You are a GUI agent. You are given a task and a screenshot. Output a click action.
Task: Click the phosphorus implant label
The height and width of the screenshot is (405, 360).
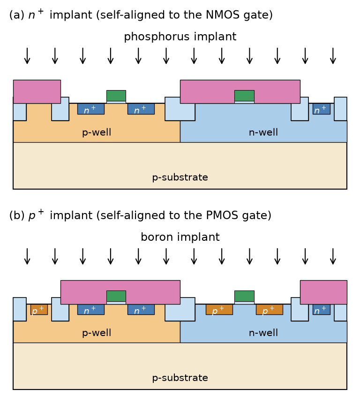point(180,37)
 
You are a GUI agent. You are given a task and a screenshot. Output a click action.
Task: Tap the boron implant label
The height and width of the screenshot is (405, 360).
point(180,237)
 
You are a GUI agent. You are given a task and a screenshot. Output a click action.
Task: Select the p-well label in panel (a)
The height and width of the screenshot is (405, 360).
point(97,132)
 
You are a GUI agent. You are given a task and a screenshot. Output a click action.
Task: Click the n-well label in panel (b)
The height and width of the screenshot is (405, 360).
point(263,333)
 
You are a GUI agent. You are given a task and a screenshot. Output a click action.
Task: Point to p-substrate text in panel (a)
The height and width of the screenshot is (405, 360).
point(180,177)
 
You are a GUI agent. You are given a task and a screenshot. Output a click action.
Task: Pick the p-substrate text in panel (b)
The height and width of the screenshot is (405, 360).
point(180,378)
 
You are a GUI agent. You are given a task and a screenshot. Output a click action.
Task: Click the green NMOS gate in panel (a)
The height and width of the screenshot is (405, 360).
point(116,96)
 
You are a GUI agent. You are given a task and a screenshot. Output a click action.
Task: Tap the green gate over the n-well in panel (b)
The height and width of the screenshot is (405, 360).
point(244,296)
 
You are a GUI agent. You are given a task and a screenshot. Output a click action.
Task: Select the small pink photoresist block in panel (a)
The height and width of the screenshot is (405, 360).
point(37,92)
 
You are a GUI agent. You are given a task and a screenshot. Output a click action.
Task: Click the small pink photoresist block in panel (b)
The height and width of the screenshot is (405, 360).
point(323,292)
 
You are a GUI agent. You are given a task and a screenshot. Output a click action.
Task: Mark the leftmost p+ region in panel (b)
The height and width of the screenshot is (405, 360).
point(39,309)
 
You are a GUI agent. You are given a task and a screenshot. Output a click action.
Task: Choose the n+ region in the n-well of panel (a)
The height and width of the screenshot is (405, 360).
point(321,109)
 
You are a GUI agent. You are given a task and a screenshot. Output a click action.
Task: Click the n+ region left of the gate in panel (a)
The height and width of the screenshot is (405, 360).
point(91,109)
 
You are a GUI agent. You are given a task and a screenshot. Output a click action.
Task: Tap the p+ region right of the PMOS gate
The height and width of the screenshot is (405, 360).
point(270,309)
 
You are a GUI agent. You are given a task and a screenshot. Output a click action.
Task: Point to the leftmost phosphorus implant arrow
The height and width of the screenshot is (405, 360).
point(27,56)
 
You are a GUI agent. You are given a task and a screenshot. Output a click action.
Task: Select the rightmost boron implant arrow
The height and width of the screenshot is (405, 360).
point(333,256)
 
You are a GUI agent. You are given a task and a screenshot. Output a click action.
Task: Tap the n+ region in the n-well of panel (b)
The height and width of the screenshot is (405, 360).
point(321,309)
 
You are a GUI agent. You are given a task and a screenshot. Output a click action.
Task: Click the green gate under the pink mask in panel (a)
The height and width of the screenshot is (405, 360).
point(244,96)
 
